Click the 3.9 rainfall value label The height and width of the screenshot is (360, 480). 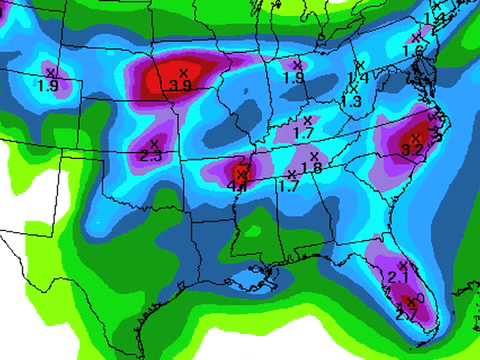181,86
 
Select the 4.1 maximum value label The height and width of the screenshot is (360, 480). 238,185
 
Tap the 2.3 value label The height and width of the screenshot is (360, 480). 152,157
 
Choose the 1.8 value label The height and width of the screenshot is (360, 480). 311,168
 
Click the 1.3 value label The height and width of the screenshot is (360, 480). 351,101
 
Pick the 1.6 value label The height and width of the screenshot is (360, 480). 412,51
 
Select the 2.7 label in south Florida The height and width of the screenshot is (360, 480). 407,315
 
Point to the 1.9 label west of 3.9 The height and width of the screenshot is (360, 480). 47,86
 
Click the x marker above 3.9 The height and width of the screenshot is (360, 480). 183,73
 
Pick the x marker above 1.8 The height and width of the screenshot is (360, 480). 314,155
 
